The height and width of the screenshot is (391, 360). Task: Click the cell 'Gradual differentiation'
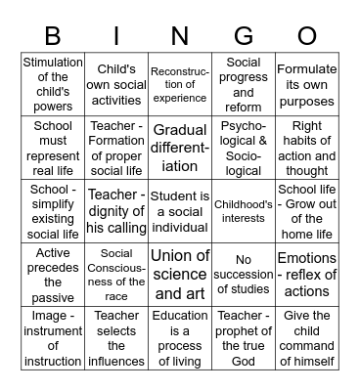click(180, 148)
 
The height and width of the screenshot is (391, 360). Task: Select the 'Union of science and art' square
click(180, 275)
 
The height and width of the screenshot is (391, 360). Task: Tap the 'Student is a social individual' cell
click(180, 211)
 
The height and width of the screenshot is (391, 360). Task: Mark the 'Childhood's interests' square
click(244, 211)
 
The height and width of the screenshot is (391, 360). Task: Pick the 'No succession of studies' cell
click(244, 275)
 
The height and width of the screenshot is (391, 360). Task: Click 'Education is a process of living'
click(180, 338)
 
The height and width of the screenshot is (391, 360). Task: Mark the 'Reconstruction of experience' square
click(180, 84)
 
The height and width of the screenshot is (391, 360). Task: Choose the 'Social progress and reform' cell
click(244, 84)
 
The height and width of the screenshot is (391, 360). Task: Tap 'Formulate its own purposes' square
click(307, 84)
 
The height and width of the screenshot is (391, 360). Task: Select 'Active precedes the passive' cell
click(53, 275)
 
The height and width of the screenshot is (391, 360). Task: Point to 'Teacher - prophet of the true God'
click(244, 338)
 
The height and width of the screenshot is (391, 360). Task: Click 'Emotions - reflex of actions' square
click(307, 275)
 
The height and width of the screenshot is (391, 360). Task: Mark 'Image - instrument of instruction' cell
click(53, 338)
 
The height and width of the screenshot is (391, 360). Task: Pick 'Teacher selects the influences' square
click(115, 338)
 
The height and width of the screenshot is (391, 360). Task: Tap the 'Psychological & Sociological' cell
click(244, 148)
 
